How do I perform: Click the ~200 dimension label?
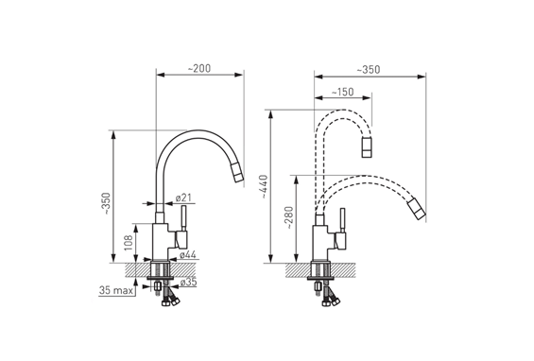click(199, 68)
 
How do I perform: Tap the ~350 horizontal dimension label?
click(369, 70)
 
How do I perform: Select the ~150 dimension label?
click(342, 92)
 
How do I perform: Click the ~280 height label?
click(289, 217)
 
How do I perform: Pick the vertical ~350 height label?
click(107, 203)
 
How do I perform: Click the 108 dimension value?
click(128, 243)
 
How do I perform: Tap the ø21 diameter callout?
click(183, 198)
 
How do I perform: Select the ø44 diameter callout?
click(188, 254)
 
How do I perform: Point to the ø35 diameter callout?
click(188, 282)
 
